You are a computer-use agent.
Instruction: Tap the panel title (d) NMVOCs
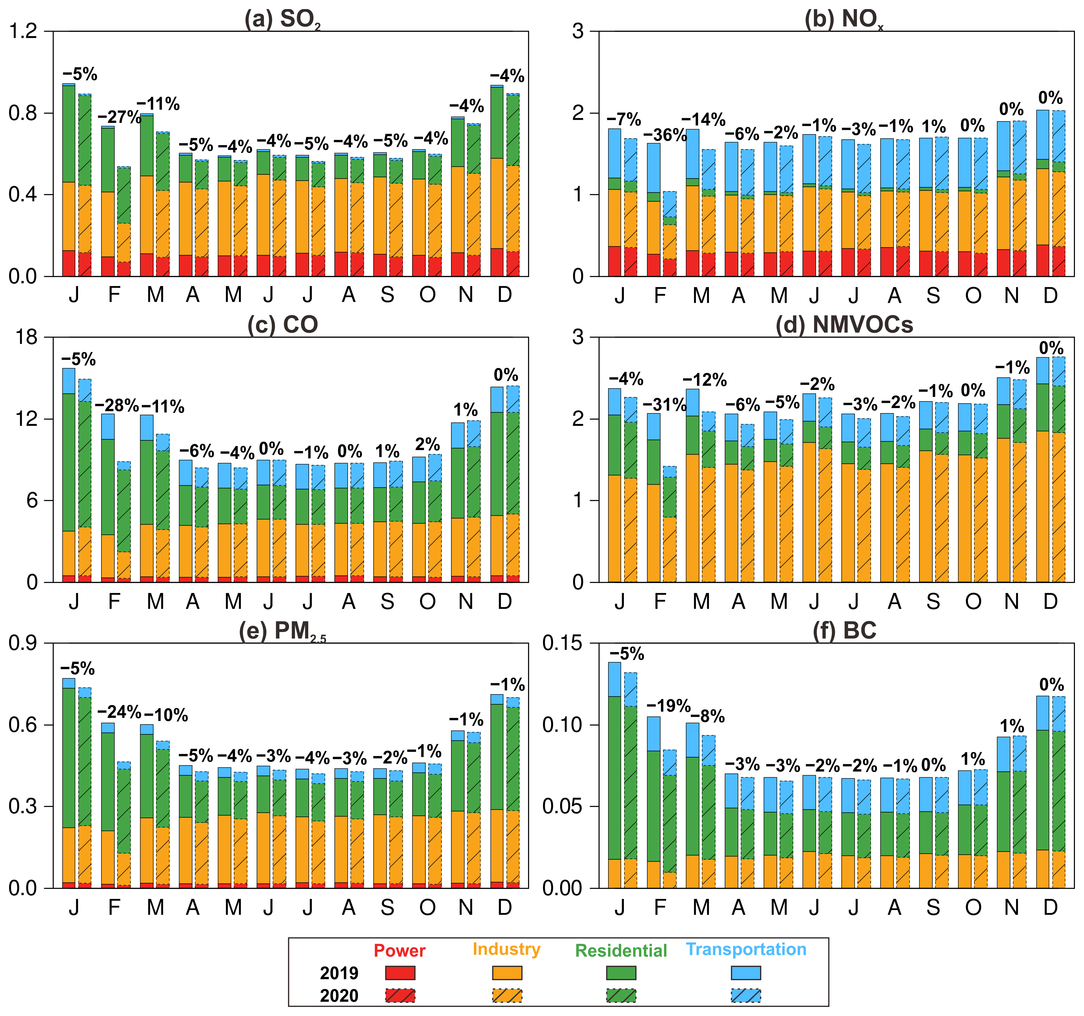pyautogui.click(x=844, y=325)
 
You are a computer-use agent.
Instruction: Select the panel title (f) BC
pyautogui.click(x=844, y=631)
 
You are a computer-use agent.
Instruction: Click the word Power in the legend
pyautogui.click(x=400, y=951)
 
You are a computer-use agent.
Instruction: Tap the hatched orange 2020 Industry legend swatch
pyautogui.click(x=506, y=995)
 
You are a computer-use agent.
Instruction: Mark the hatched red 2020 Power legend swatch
pyautogui.click(x=400, y=995)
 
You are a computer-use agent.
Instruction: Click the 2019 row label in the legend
pyautogui.click(x=339, y=973)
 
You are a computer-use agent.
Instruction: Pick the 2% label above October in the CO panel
pyautogui.click(x=427, y=444)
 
